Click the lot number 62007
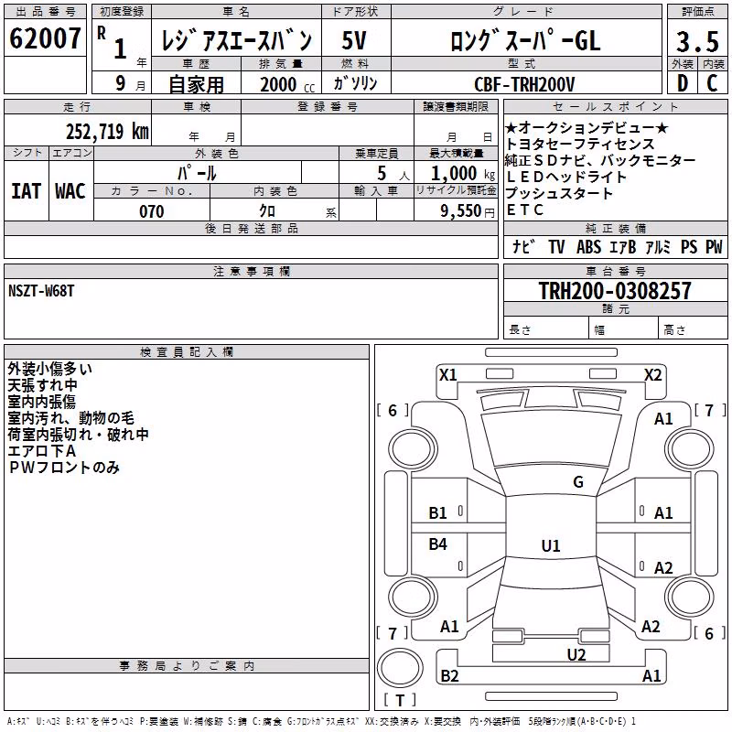tap(45, 38)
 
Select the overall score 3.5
tap(697, 41)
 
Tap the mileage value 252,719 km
tap(107, 132)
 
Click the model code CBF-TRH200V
tap(524, 84)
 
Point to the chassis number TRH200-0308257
tap(615, 290)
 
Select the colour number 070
tap(152, 211)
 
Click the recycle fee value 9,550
tap(461, 211)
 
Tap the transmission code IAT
tap(27, 191)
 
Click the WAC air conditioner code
tap(70, 191)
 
